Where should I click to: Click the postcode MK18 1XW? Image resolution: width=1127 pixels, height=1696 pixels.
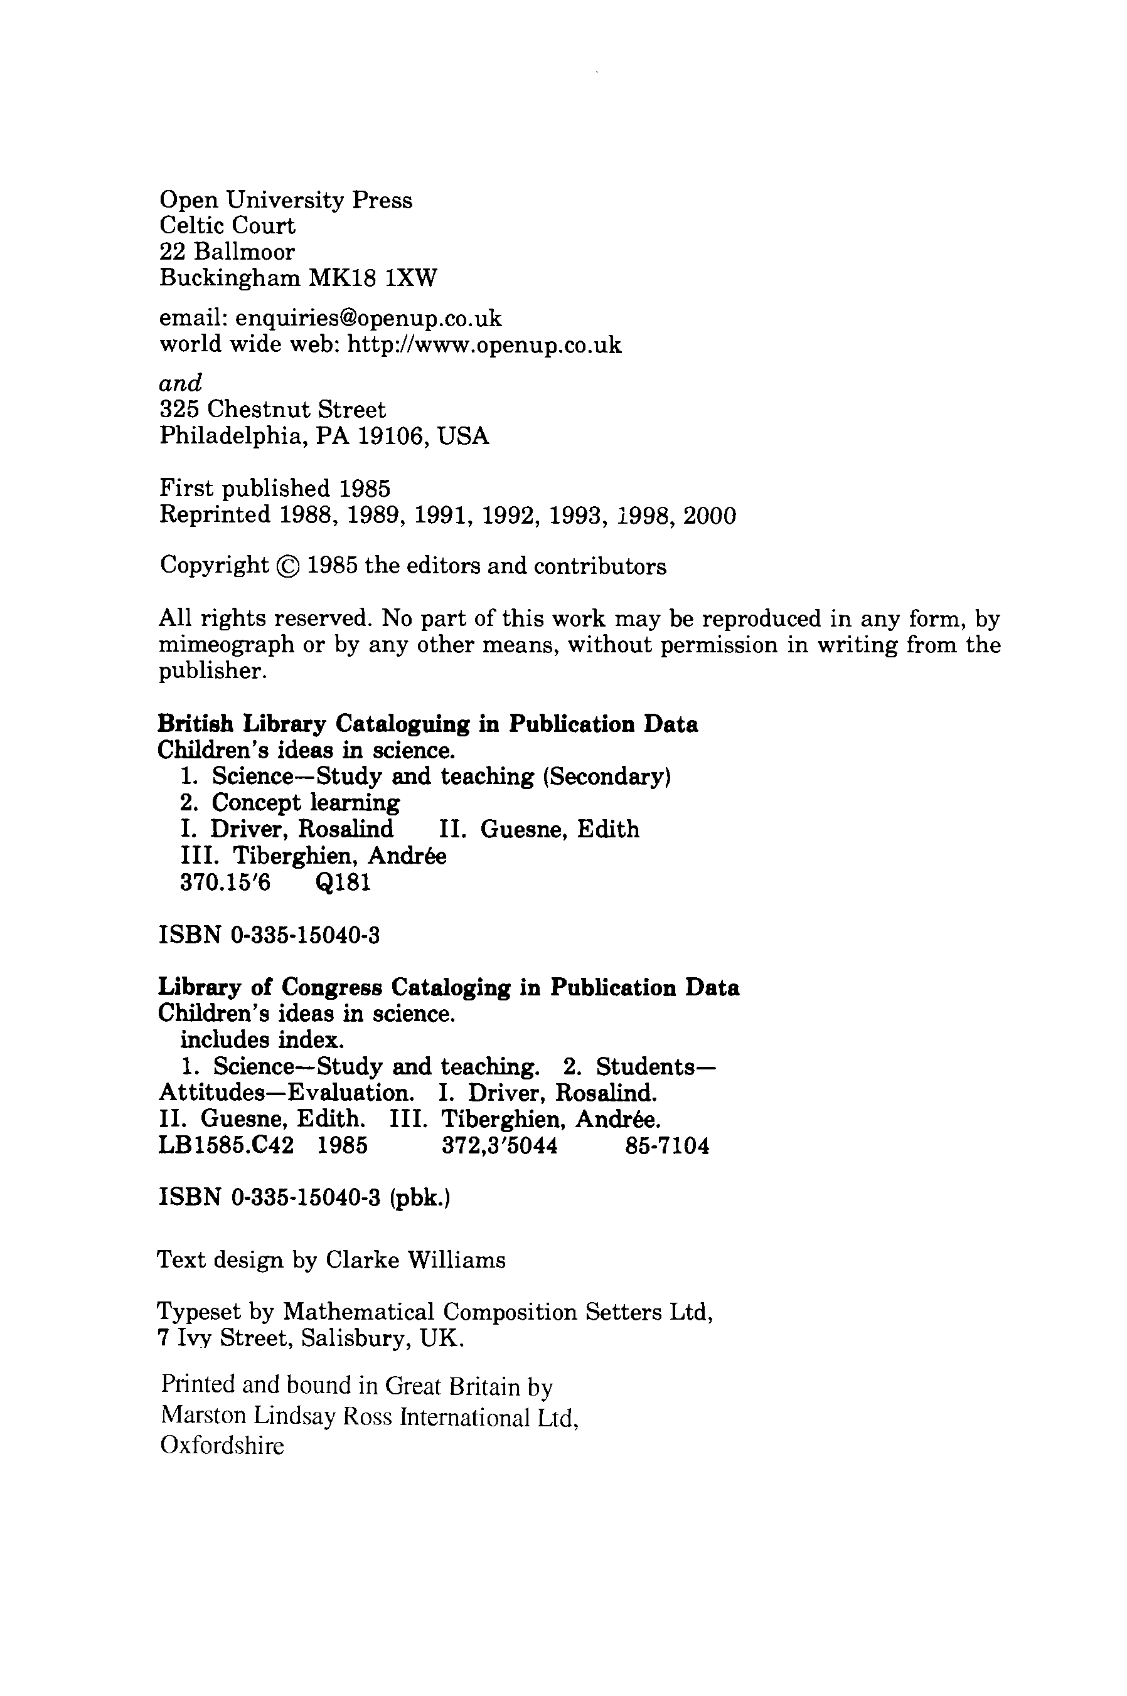[x=372, y=278]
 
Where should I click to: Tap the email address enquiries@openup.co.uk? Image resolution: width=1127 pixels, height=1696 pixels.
[x=369, y=318]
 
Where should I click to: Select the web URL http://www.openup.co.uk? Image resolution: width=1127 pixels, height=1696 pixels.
[x=484, y=346]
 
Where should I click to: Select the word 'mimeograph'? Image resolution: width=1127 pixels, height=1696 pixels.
[x=227, y=645]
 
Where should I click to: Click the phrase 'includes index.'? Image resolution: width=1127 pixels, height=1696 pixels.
[x=262, y=1040]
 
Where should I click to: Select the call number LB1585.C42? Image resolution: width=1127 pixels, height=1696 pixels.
[x=226, y=1146]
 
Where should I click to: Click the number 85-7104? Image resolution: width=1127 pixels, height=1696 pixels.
[x=667, y=1146]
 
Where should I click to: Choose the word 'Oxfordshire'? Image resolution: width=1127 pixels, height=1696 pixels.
[x=222, y=1445]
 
